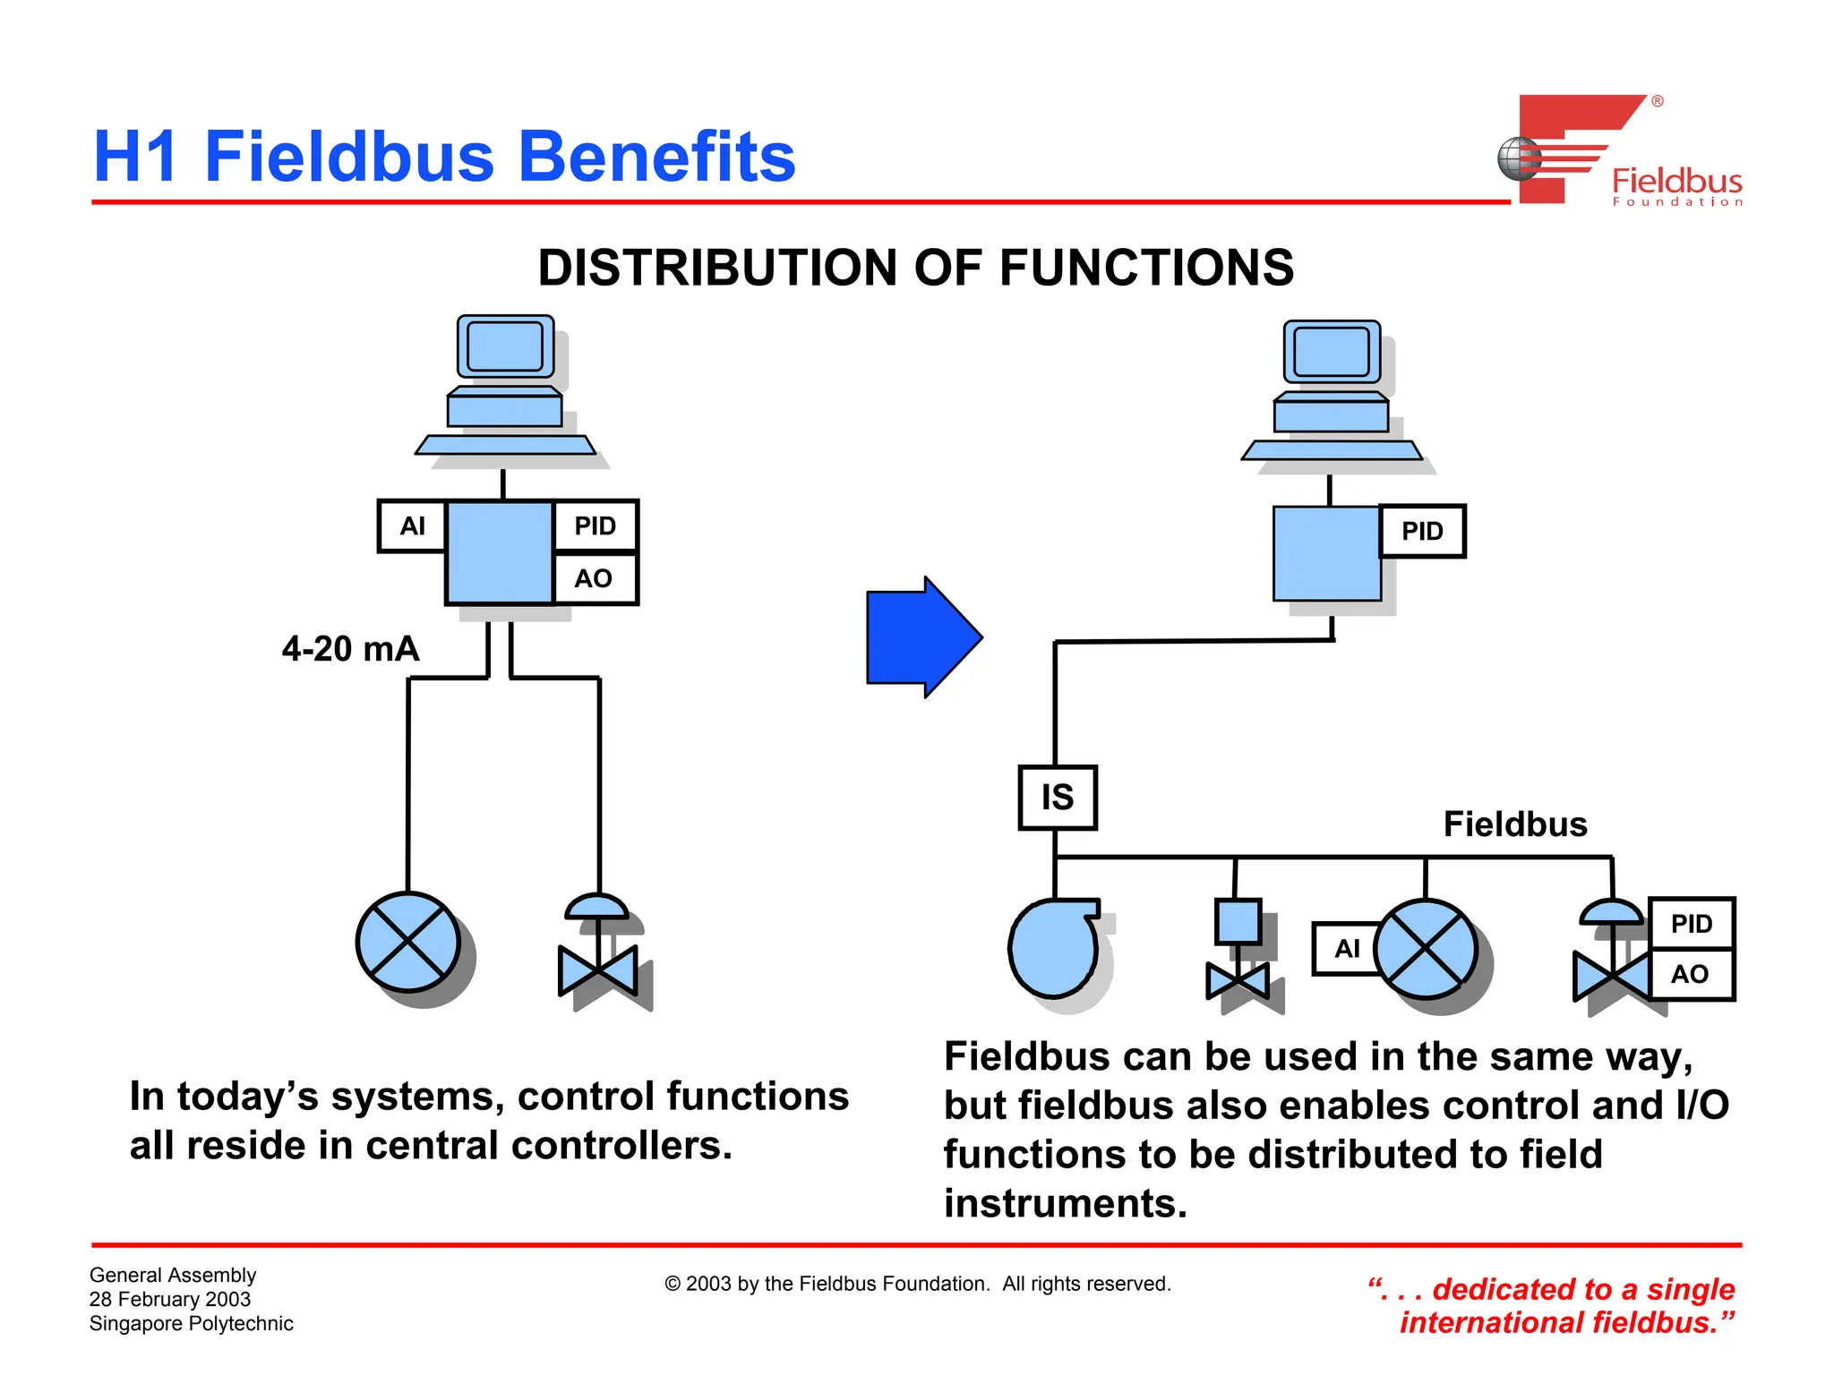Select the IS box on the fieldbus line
(x=1057, y=797)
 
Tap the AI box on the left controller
(x=412, y=525)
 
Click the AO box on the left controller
(x=594, y=578)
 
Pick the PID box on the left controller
(x=595, y=525)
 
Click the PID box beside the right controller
(x=1422, y=531)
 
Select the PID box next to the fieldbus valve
(x=1691, y=923)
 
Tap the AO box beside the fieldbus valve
(x=1690, y=974)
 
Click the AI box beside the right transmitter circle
(x=1346, y=948)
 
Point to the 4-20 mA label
(x=350, y=648)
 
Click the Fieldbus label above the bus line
(x=1514, y=824)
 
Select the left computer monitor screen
(x=505, y=346)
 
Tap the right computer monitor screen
(x=1332, y=351)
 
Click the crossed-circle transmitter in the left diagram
(x=408, y=942)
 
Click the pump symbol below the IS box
(x=1053, y=948)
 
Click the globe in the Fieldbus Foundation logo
(x=1518, y=158)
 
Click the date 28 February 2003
(x=170, y=1299)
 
